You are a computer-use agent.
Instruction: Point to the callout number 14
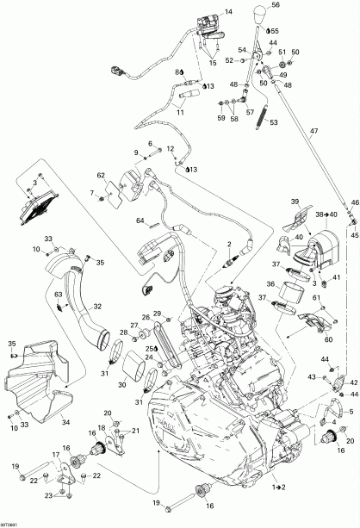pyautogui.click(x=228, y=11)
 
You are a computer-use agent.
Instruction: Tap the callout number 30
pyautogui.click(x=122, y=384)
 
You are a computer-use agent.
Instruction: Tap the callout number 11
pyautogui.click(x=182, y=112)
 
